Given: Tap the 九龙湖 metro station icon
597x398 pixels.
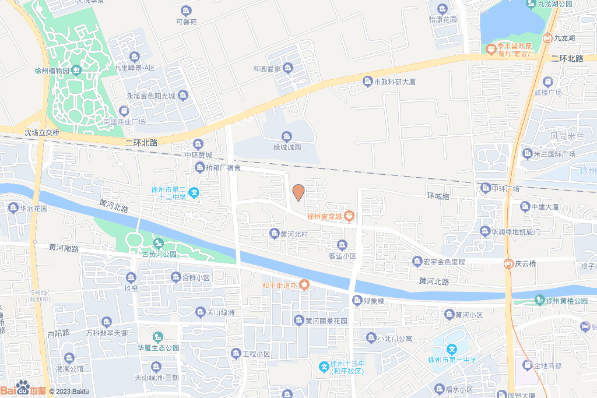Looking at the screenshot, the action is [x=547, y=38].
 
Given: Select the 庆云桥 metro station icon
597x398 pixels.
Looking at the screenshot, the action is [x=508, y=263].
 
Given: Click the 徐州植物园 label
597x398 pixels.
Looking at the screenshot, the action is [x=52, y=71].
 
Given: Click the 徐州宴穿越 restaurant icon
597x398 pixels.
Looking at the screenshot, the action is [x=349, y=216].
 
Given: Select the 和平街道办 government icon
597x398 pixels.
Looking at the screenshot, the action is [x=304, y=286].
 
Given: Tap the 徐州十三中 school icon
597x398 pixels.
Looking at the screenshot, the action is [x=324, y=367].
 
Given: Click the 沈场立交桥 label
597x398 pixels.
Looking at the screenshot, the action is [x=42, y=132].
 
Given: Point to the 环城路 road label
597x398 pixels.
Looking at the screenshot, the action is [x=438, y=196].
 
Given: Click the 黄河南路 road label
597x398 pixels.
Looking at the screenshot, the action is [x=64, y=248].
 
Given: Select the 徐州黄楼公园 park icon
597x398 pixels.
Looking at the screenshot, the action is [x=540, y=301].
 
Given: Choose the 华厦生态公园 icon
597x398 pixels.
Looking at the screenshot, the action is [x=157, y=337].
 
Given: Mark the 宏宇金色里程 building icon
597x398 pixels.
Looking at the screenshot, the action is [x=417, y=262].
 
